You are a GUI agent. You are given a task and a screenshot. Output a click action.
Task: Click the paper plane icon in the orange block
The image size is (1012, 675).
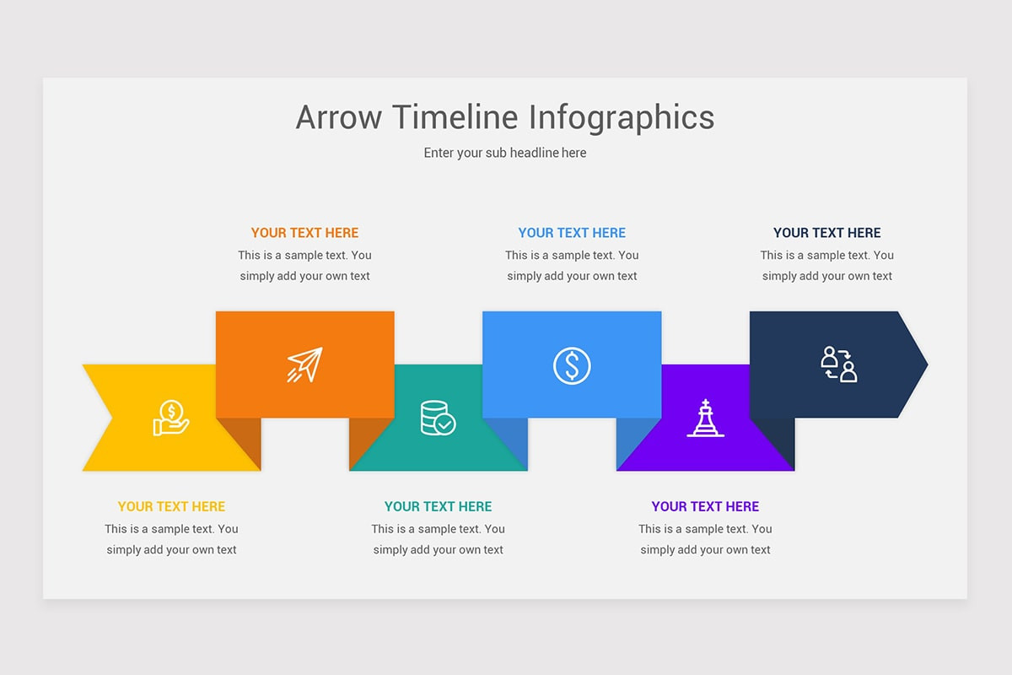(304, 364)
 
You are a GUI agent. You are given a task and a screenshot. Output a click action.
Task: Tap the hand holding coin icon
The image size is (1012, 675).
(171, 418)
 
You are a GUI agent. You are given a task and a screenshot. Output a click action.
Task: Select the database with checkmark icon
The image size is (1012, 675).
(438, 418)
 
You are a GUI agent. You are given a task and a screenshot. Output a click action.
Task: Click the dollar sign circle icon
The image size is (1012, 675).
(572, 365)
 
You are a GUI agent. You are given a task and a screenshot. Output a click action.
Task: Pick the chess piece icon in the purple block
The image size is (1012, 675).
(705, 418)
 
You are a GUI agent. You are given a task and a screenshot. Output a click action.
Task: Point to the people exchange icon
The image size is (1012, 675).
(838, 364)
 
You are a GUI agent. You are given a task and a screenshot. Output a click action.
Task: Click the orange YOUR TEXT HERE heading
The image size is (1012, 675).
(304, 233)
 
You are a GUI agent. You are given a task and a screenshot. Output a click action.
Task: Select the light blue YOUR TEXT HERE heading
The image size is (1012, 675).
(572, 233)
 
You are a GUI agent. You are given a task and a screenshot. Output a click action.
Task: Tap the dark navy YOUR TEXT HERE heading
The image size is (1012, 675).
(826, 233)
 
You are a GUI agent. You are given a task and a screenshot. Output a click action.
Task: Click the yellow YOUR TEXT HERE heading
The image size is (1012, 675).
(171, 506)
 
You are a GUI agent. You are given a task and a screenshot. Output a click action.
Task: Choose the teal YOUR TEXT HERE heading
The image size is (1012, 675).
(438, 506)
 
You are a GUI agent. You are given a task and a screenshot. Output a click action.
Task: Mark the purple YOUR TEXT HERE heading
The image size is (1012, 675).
(705, 506)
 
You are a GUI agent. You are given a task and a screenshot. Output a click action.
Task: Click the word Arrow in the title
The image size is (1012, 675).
(339, 117)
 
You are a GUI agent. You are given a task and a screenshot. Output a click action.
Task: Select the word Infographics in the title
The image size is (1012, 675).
(622, 117)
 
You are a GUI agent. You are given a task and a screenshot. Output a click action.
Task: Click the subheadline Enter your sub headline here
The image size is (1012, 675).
(505, 153)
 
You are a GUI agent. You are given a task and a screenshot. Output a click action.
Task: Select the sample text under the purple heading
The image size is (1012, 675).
(705, 539)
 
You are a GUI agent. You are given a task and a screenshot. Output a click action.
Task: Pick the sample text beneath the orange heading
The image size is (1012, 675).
(304, 265)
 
